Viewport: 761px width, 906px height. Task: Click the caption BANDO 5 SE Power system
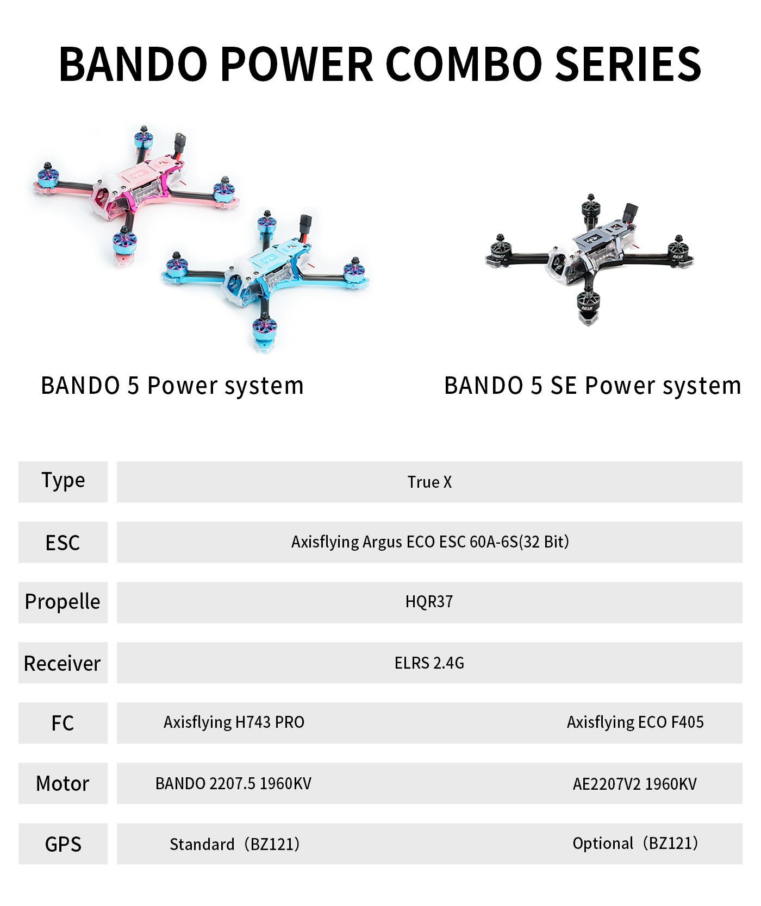click(x=592, y=386)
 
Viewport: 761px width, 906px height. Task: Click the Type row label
click(x=63, y=481)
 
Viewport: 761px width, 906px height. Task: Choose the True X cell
click(x=429, y=482)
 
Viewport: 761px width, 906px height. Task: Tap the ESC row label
click(x=63, y=543)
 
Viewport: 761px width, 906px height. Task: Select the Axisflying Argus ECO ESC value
click(x=430, y=542)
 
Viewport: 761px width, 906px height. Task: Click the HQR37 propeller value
click(x=429, y=602)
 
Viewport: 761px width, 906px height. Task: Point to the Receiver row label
click(x=63, y=663)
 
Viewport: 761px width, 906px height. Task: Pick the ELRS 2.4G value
click(x=429, y=663)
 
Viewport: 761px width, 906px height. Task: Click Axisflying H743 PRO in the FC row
click(x=234, y=722)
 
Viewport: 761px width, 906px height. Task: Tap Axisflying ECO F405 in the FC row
click(x=635, y=722)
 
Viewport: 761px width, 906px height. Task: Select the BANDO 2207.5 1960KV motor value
click(x=233, y=783)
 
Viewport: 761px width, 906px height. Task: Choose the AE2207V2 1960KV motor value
click(x=635, y=784)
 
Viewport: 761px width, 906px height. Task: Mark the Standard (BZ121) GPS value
click(x=234, y=844)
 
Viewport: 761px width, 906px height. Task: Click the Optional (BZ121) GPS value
click(x=635, y=843)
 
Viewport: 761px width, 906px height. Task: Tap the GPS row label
click(x=63, y=844)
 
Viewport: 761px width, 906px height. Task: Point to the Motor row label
click(x=63, y=784)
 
